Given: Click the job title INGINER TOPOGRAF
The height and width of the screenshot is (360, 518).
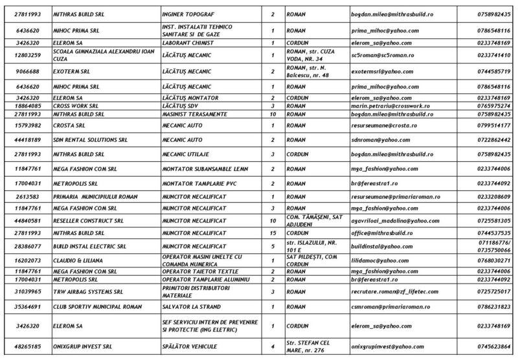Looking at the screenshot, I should click(x=188, y=12).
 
